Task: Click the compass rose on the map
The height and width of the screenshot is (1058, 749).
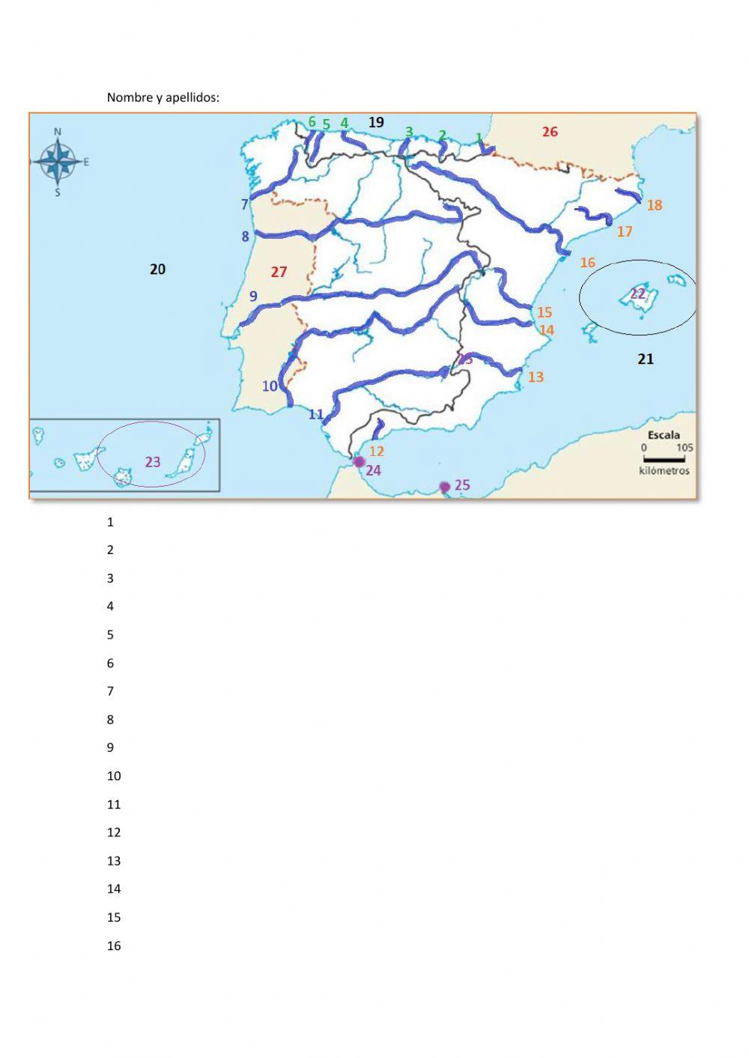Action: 58,162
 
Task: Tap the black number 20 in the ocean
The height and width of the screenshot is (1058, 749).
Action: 157,269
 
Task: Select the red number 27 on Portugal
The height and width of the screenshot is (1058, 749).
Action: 279,272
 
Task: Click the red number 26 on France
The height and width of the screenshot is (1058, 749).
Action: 550,132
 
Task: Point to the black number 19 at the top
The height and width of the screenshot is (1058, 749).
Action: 376,122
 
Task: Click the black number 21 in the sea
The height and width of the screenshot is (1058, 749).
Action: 645,359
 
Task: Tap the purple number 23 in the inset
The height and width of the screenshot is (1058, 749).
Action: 153,462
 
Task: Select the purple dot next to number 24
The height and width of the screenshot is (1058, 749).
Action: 359,461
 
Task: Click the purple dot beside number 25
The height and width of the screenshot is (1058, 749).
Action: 444,487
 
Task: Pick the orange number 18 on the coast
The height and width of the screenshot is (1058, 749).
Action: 654,205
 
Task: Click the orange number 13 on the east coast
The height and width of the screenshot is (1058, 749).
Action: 536,377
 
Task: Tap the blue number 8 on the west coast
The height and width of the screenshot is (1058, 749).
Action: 245,237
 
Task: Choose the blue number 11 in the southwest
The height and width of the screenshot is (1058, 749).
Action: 316,414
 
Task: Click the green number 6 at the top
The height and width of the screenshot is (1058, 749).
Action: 312,122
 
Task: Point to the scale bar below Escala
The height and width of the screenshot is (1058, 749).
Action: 664,458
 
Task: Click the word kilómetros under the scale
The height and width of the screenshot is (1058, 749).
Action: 664,471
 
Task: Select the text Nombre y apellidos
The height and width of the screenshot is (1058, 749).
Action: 163,97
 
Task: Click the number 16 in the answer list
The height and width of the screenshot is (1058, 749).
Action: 114,946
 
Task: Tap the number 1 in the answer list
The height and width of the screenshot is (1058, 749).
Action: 110,522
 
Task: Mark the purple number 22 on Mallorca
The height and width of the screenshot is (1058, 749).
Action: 637,294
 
